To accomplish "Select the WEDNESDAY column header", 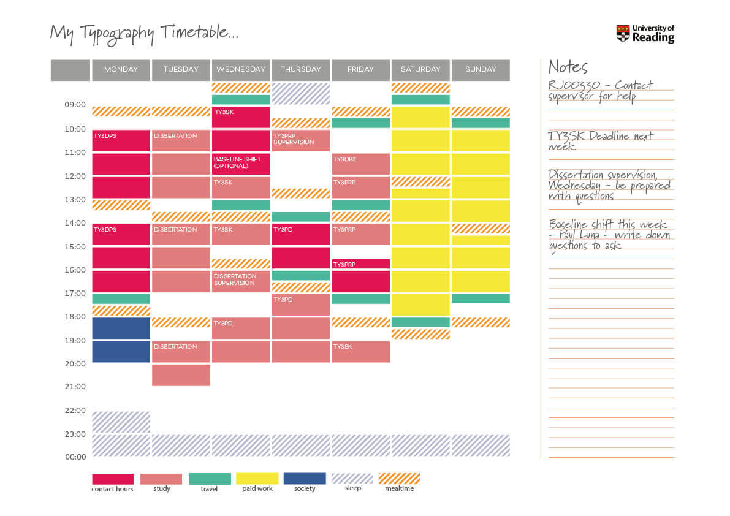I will (241, 70).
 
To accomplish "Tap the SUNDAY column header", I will (481, 70).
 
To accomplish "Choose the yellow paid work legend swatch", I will (257, 479).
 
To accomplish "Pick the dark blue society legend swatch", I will (305, 479).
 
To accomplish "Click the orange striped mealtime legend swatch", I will (399, 479).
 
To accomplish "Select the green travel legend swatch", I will (210, 479).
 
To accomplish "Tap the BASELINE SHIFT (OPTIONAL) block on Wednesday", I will (241, 164).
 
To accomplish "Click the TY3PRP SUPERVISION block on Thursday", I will (300, 140).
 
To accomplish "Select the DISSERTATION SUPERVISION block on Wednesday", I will (241, 281).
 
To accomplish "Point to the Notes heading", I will (568, 67).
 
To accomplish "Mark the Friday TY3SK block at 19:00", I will (360, 351).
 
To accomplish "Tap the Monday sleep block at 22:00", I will (121, 422).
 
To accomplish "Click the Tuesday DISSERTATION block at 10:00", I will (181, 140).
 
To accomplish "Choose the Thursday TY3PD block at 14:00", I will (300, 234).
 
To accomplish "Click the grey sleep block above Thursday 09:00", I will (300, 93).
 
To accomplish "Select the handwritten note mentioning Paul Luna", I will (609, 235).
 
